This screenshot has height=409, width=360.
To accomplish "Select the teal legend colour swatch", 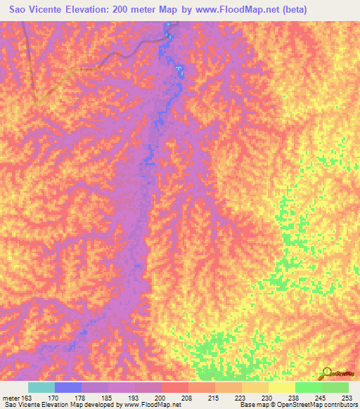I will click(x=41, y=387).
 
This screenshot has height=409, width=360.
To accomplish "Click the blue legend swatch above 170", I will click(x=67, y=387).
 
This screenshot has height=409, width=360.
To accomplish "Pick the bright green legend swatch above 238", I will click(x=308, y=387).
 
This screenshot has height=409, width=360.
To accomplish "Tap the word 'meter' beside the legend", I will click(x=13, y=397).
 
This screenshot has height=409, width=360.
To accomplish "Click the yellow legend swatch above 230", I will click(x=255, y=387).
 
